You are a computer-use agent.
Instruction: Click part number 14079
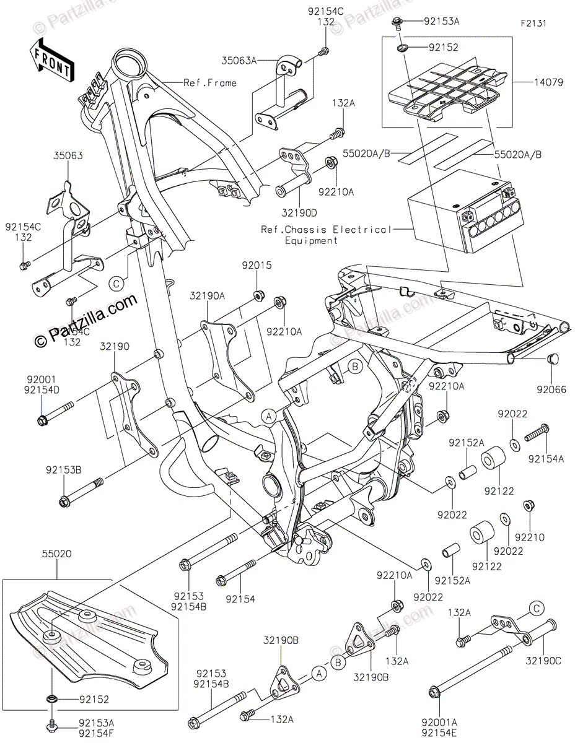(x=547, y=81)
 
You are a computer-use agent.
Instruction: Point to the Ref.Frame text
(x=210, y=82)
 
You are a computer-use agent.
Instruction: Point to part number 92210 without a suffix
(x=529, y=537)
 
